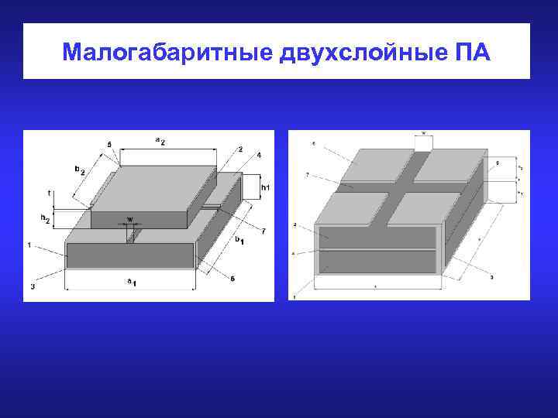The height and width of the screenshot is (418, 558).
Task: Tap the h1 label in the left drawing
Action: tap(266, 187)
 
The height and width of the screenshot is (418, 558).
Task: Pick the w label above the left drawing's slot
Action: tap(129, 219)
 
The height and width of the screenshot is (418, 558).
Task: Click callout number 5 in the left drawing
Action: tap(109, 145)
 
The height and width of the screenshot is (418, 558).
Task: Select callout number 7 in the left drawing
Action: tap(263, 231)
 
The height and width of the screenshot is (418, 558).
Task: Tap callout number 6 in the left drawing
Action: tap(233, 278)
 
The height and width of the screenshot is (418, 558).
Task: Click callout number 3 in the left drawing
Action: tap(33, 286)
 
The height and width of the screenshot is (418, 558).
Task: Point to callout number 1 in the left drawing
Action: tap(30, 245)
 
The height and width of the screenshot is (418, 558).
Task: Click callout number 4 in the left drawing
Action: tap(259, 156)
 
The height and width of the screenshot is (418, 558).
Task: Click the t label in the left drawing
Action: tap(49, 193)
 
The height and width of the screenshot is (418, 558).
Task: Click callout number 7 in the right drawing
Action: tap(308, 176)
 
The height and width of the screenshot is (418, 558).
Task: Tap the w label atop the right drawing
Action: tap(423, 132)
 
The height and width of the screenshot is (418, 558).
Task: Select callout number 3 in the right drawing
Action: tap(491, 276)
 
